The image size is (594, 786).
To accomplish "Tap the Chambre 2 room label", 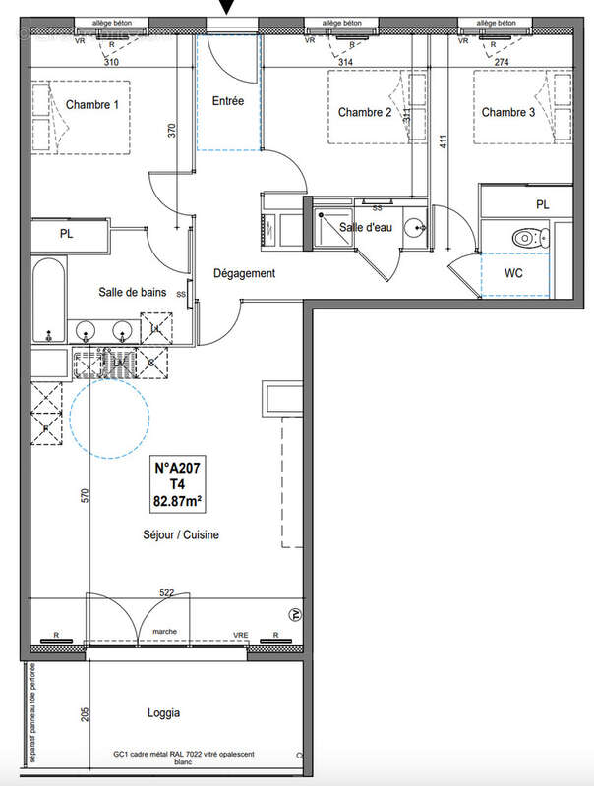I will click(x=365, y=113).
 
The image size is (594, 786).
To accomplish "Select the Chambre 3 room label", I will click(x=508, y=113).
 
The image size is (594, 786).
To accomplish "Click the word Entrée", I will click(x=229, y=100).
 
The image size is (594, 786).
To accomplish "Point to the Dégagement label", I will click(x=245, y=274).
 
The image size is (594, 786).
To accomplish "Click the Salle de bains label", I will click(x=130, y=292).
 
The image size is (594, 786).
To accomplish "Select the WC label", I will click(x=513, y=272).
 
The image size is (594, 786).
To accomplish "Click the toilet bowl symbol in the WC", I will click(x=531, y=237).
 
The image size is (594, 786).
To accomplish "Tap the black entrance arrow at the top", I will click(x=228, y=9).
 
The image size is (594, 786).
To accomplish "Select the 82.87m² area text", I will click(x=178, y=500).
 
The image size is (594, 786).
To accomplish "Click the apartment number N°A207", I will click(x=178, y=470).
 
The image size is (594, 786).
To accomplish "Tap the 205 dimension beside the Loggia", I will click(x=86, y=714).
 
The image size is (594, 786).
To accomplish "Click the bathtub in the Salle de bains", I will click(x=48, y=299).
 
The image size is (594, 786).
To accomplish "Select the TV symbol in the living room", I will click(x=293, y=615).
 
